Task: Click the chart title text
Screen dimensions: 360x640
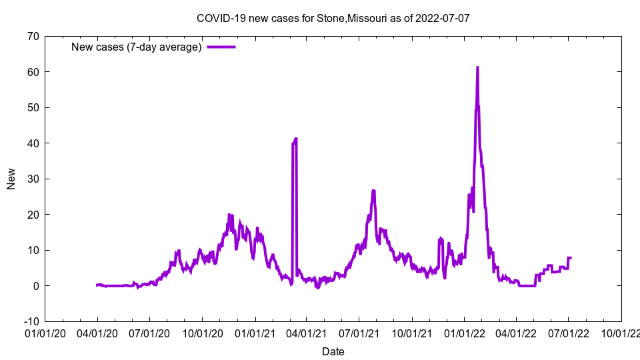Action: coord(333,18)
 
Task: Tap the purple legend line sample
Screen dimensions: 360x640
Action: coord(221,47)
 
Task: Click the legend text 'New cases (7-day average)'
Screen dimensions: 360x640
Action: coord(136,47)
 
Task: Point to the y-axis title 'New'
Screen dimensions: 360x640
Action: coord(11,179)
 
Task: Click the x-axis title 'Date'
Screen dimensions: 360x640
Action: coord(333,351)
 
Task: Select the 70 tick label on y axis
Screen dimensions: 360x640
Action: coord(32,36)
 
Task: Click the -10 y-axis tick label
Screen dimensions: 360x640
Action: coord(31,321)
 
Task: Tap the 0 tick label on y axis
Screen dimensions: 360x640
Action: coord(35,286)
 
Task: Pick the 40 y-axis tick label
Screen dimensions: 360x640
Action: coord(32,143)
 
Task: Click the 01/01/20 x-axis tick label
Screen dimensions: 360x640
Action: coord(45,333)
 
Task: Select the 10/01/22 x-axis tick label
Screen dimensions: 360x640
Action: coord(621,333)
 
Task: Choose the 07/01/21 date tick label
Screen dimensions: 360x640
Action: coord(359,333)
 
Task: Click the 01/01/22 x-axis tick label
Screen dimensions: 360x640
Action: coord(464,333)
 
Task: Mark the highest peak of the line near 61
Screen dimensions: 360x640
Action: coord(477,67)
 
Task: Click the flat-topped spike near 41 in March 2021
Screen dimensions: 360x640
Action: coord(294,139)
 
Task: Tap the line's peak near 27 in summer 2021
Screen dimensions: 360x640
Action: coord(373,191)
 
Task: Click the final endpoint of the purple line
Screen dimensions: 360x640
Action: coord(571,257)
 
